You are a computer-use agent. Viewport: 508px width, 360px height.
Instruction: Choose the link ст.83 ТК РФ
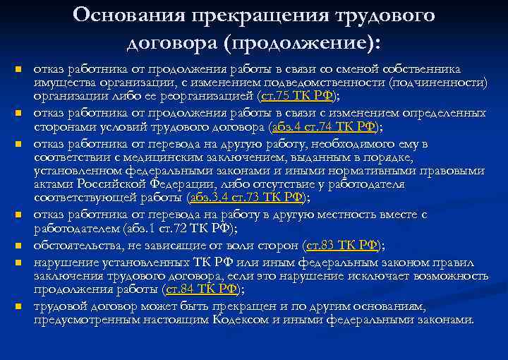(x=341, y=245)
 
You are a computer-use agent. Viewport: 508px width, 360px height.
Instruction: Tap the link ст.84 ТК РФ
(x=202, y=289)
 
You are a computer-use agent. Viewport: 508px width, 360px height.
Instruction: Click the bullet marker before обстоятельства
(x=18, y=246)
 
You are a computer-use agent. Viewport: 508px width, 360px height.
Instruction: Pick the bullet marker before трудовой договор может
(x=18, y=307)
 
